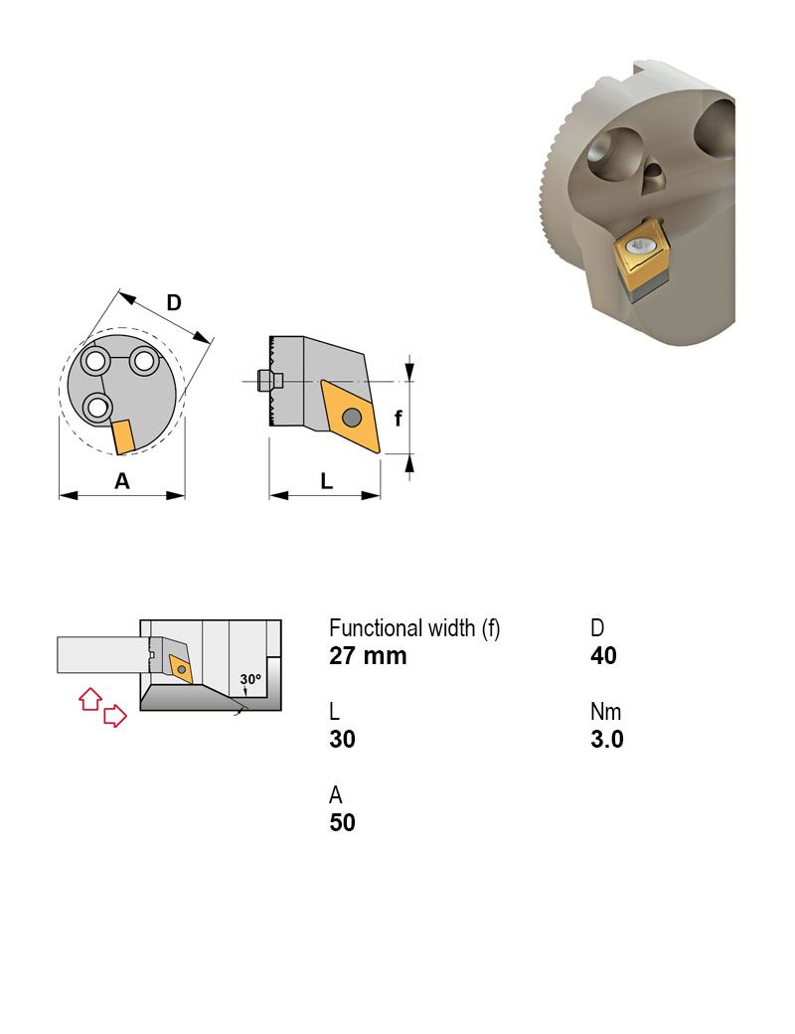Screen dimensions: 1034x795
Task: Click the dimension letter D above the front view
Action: point(174,302)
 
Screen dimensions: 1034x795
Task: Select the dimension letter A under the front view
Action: point(122,481)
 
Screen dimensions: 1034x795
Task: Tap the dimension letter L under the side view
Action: point(326,481)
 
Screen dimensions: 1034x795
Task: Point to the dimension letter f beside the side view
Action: point(398,419)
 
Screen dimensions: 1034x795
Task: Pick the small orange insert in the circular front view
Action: point(123,436)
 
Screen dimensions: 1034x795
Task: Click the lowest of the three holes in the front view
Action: point(97,406)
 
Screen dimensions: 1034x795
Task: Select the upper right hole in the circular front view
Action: point(145,359)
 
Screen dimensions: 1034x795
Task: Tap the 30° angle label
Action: point(249,679)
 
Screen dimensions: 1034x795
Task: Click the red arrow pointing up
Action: point(89,698)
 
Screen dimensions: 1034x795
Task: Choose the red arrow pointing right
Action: point(116,715)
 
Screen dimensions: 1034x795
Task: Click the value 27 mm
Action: point(368,656)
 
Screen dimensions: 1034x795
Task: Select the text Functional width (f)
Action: point(414,628)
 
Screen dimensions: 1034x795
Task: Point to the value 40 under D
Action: point(603,656)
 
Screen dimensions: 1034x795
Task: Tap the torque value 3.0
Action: point(606,740)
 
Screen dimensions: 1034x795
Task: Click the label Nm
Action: point(605,712)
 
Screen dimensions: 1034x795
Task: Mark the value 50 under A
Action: point(342,823)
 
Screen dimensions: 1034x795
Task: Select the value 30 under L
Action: point(342,740)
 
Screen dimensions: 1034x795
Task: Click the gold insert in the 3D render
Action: point(639,255)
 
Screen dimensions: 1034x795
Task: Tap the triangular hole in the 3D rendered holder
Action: point(653,180)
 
